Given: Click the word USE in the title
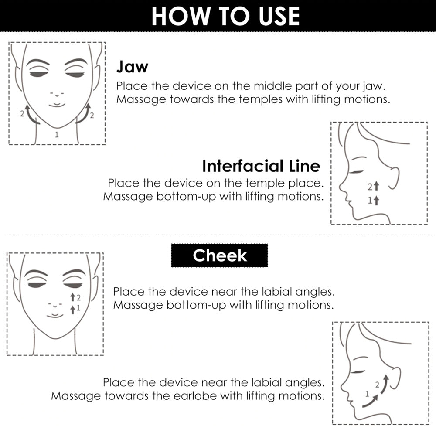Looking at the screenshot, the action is (x=279, y=16).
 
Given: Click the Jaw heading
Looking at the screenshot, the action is (x=132, y=67).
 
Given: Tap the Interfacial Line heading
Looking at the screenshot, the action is (x=261, y=166).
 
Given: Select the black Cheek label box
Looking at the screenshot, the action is (x=219, y=255).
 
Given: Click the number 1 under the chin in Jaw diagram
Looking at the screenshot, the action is (x=57, y=135).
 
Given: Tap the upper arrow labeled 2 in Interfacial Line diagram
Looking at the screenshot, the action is (x=376, y=186).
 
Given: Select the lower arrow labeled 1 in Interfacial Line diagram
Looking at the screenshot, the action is (x=376, y=200).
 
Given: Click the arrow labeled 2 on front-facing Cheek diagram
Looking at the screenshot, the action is (x=72, y=297).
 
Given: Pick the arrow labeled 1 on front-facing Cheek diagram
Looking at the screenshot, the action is (x=72, y=310).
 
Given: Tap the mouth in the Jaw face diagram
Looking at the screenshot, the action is (x=57, y=105).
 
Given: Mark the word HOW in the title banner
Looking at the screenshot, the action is (x=181, y=16).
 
